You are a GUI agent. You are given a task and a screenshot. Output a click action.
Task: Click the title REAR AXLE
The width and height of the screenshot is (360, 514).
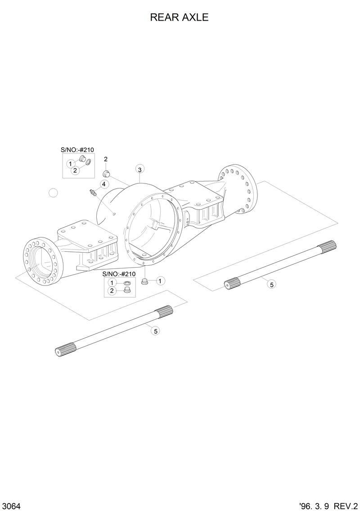click(179, 18)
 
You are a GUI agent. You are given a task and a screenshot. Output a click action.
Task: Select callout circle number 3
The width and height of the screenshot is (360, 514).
click(140, 170)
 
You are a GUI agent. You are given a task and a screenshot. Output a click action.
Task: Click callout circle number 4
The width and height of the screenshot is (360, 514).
click(103, 184)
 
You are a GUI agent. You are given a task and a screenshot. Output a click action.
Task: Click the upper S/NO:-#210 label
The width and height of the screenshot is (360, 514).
click(77, 150)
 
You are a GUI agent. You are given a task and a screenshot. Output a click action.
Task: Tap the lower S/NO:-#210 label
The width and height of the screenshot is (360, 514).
click(119, 274)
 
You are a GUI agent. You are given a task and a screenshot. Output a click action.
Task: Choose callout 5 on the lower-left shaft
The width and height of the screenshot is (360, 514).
click(156, 331)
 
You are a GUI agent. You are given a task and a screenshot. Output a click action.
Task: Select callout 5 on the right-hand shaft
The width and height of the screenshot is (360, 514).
click(271, 284)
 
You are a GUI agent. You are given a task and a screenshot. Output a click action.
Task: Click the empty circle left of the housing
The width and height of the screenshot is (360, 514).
click(54, 193)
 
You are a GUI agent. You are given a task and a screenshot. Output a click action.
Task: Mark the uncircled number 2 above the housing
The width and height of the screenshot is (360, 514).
click(106, 159)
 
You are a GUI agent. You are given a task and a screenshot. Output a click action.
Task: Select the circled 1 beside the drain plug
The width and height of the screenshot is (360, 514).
click(161, 281)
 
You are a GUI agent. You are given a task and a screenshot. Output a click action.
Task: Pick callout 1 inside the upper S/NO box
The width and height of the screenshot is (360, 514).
click(71, 164)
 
